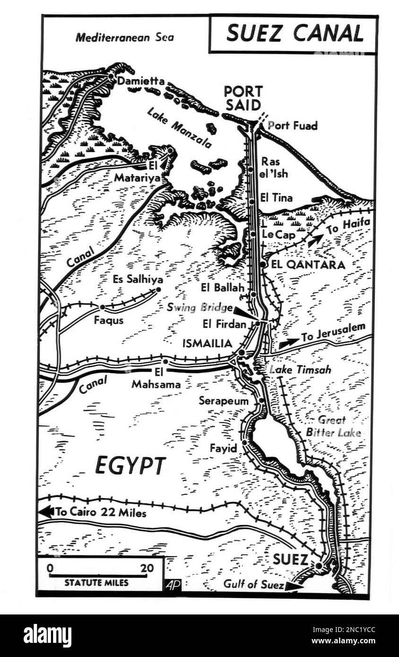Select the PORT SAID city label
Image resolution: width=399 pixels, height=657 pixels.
[243, 98]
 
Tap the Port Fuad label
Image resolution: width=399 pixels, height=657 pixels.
[293, 126]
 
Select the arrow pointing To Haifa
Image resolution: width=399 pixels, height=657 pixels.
[312, 241]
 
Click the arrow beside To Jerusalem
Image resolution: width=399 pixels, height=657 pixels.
[288, 343]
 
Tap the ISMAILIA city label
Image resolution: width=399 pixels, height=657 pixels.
[207, 344]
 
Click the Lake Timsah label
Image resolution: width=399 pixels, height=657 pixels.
[300, 370]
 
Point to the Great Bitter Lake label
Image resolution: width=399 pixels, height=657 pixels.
[333, 426]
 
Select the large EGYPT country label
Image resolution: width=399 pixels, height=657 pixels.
[130, 466]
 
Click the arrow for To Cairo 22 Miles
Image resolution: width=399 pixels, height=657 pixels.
[46, 511]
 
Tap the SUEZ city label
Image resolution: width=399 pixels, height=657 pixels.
[290, 560]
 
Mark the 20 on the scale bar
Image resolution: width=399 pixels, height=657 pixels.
[147, 568]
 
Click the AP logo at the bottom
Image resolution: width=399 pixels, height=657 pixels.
[173, 585]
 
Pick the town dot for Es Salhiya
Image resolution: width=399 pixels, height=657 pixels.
[158, 289]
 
